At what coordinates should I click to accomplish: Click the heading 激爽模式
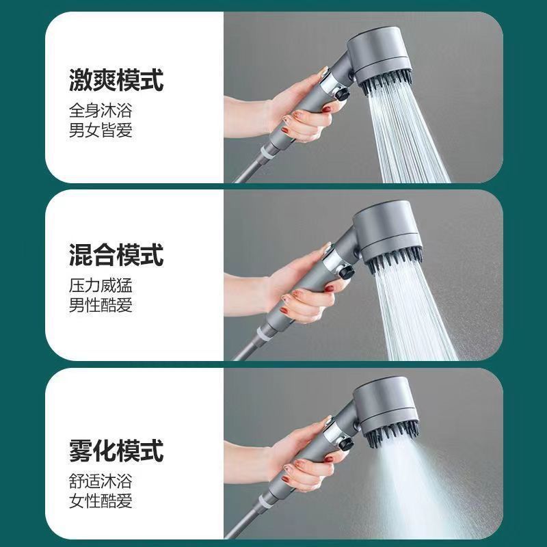pos(116,81)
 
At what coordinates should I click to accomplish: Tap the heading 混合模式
pos(116,256)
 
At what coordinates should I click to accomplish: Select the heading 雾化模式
pos(116,451)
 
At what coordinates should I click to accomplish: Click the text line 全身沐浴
pos(101,109)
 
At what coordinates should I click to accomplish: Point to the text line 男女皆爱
pos(101,130)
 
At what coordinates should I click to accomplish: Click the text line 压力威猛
pos(101,284)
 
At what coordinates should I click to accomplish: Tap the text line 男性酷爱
pos(101,305)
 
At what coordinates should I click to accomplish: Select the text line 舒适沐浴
pos(101,480)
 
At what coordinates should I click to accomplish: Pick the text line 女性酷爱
pos(101,501)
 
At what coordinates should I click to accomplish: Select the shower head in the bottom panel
pos(387,410)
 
